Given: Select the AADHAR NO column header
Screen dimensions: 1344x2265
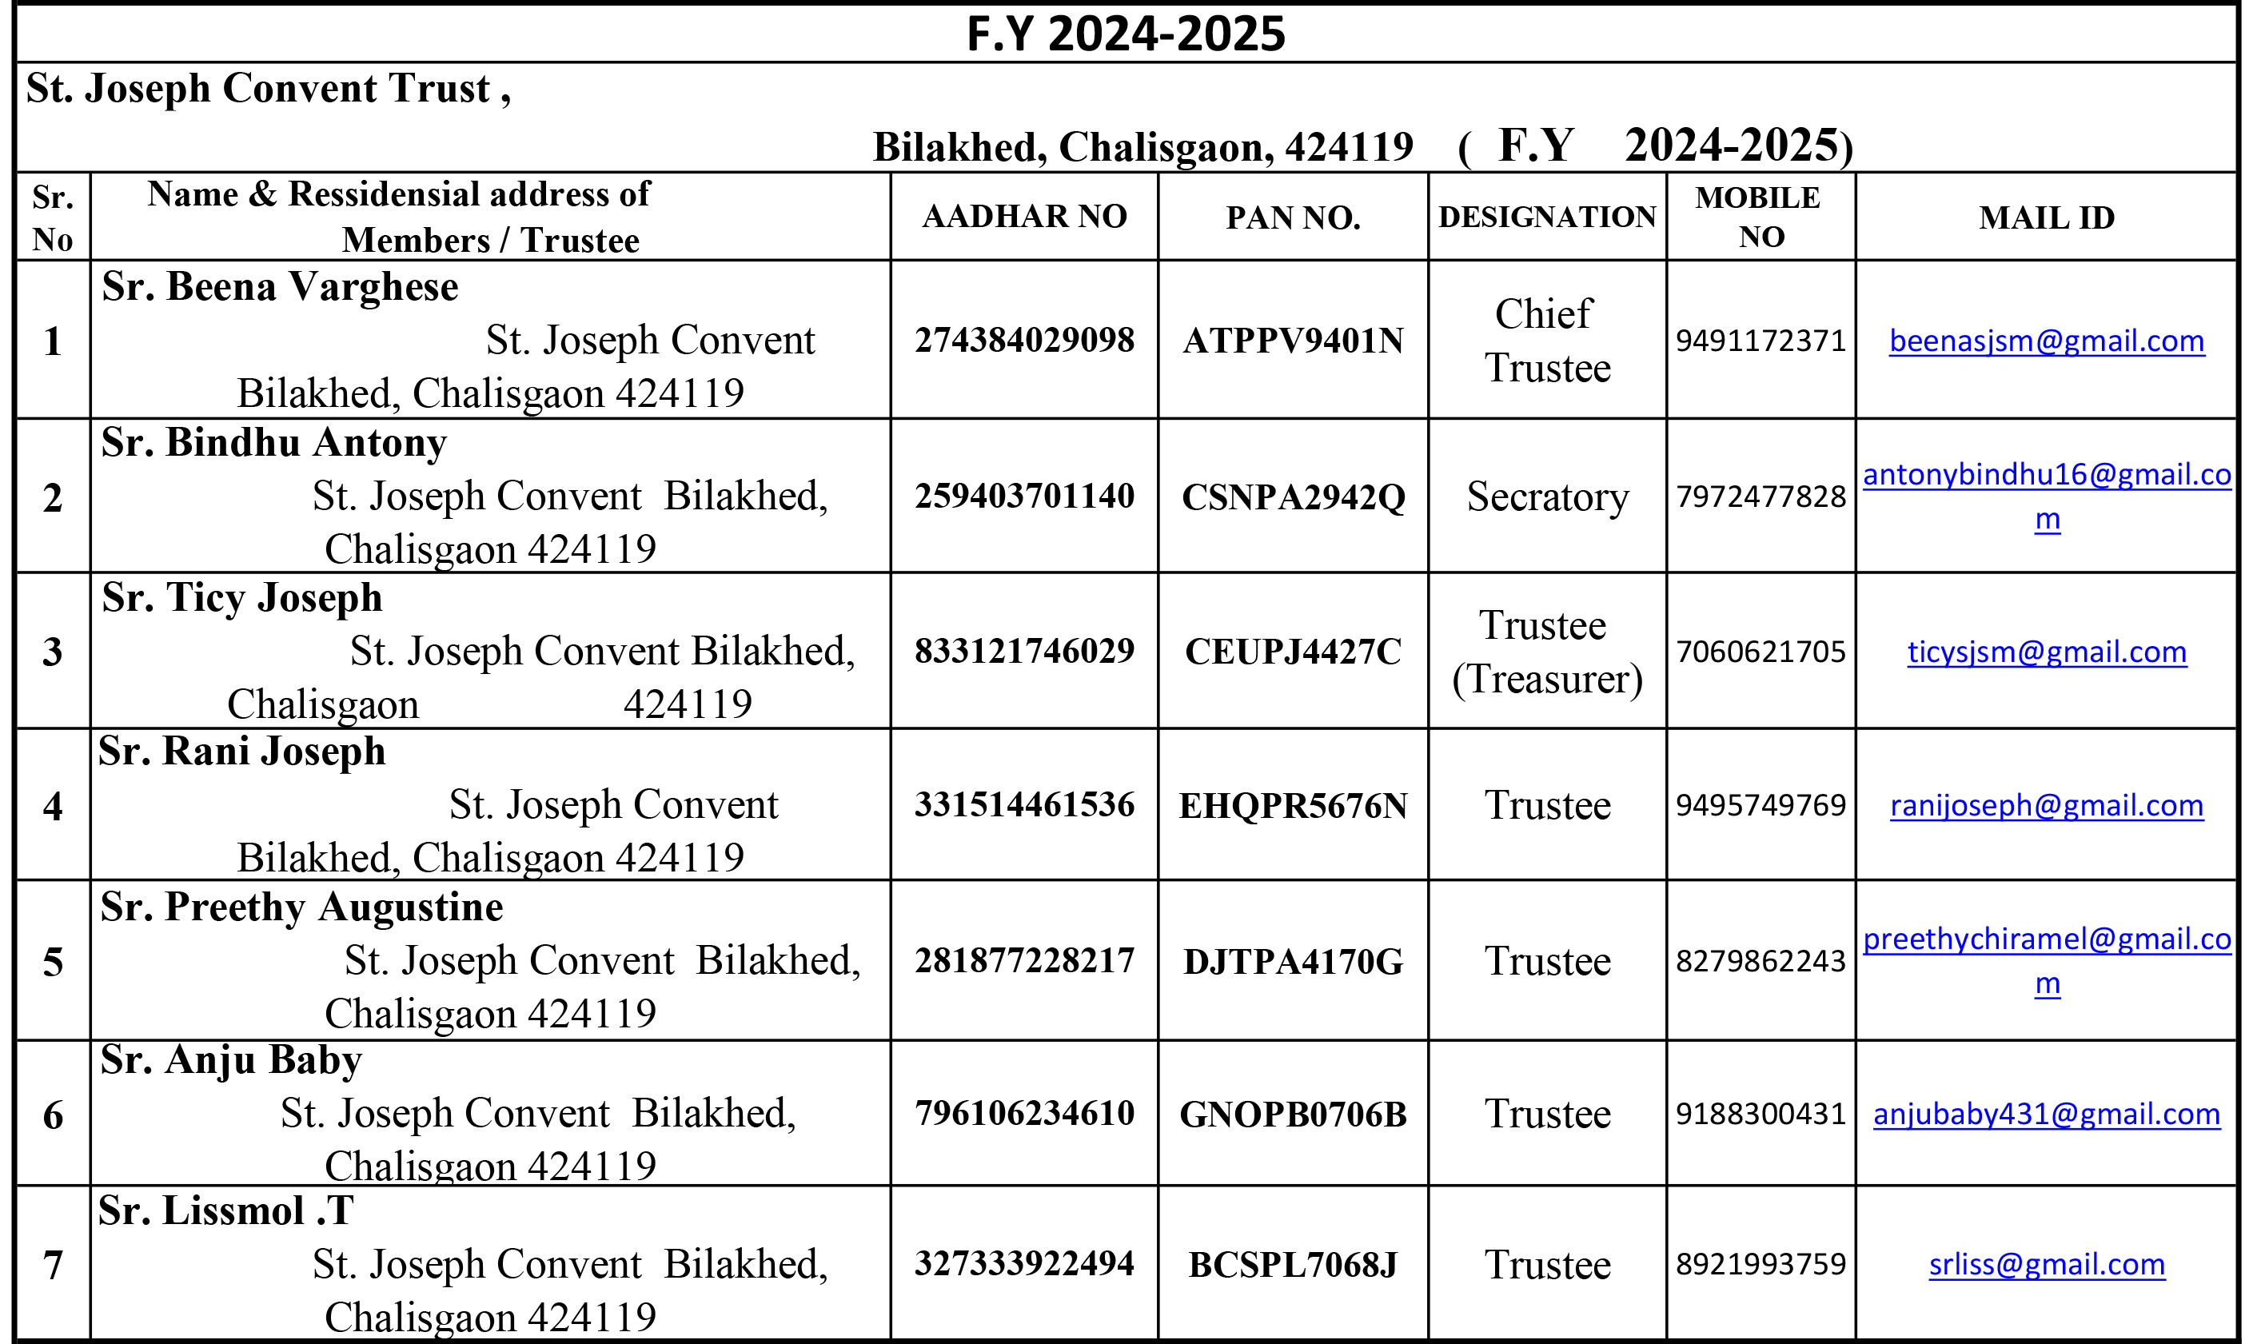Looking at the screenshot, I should (1024, 217).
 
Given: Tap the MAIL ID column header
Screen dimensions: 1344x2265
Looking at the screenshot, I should (2046, 217).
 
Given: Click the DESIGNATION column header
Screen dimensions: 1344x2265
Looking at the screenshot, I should (1547, 217).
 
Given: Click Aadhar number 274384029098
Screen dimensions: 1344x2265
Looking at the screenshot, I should (1024, 340).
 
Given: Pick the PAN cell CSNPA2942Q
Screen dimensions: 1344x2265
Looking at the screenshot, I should (1294, 497).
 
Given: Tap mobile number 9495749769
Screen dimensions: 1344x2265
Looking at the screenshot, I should (1760, 804).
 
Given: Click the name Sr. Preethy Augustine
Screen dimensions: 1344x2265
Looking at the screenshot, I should (301, 907).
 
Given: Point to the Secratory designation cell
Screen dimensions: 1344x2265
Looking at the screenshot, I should (1547, 497).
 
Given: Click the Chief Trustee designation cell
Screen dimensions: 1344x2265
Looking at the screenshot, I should (1547, 340).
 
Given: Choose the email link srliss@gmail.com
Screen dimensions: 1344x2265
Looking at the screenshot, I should (2046, 1263).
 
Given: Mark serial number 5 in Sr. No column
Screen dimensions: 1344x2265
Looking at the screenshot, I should (53, 961).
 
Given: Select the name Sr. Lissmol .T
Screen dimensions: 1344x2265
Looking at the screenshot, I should (225, 1210).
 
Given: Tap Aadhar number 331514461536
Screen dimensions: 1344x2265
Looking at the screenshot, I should (1024, 804).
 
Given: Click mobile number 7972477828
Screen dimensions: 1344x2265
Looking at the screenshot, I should (1760, 497).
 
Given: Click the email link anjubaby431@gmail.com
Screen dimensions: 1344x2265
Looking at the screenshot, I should (2046, 1113).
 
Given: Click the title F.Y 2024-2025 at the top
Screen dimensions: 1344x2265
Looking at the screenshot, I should (1126, 34).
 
